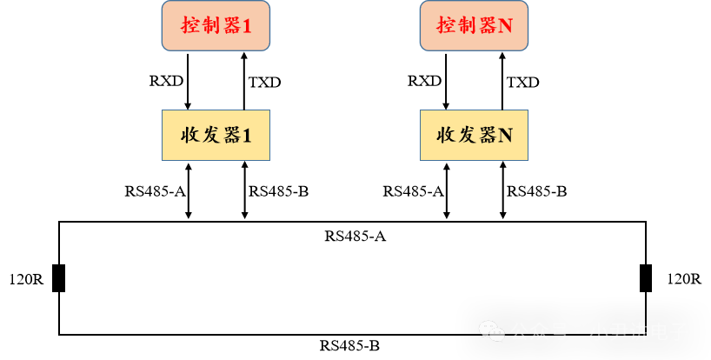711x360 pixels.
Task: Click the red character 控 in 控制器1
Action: point(189,25)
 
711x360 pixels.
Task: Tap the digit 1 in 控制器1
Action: point(246,26)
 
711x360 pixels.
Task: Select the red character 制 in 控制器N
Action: point(467,25)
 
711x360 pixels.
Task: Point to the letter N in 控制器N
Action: point(505,26)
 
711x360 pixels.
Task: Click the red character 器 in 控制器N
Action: point(487,25)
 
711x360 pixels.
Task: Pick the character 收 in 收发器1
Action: point(190,135)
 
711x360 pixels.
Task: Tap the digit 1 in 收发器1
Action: point(246,136)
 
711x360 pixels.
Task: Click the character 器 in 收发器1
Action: point(230,135)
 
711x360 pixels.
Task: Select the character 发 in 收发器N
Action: point(468,135)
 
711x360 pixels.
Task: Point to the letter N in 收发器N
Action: point(505,136)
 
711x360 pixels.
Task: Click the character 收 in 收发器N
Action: point(447,135)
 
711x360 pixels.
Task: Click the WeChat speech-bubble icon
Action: point(491,331)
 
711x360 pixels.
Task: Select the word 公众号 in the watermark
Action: point(539,332)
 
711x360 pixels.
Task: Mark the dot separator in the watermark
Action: point(578,332)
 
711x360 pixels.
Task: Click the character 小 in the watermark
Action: point(599,332)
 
